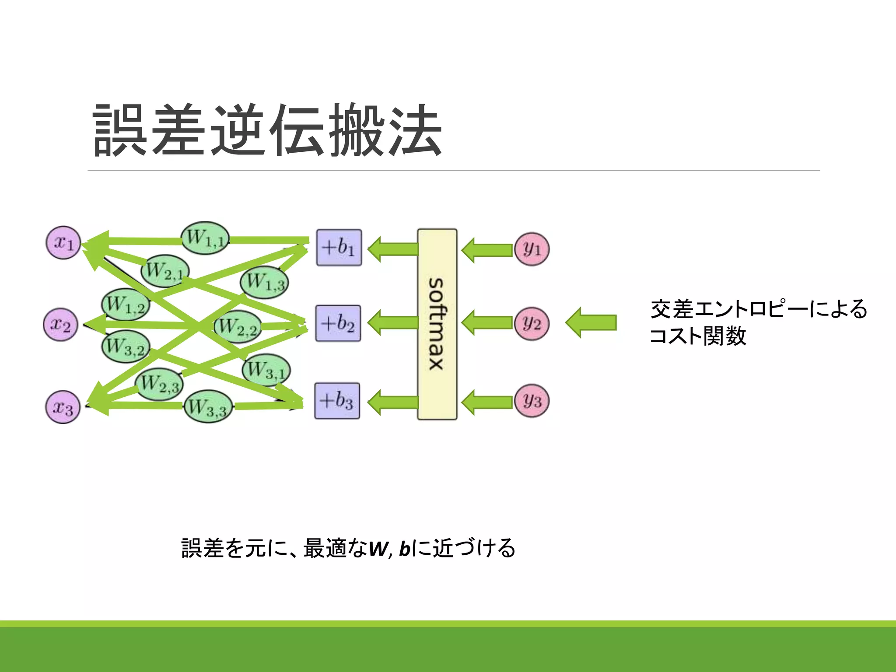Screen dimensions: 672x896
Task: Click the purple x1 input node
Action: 63,242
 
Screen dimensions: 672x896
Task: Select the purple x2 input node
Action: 60,325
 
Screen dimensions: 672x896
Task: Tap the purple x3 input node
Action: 63,407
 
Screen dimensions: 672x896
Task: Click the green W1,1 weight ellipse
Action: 205,238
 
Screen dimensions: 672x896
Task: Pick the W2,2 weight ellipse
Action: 238,326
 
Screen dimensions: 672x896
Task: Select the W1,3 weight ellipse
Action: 264,282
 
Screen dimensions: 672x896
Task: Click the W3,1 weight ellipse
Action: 266,370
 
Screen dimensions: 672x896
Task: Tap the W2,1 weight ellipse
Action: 165,271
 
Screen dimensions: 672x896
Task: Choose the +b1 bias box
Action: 339,248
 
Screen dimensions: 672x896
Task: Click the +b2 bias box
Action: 338,323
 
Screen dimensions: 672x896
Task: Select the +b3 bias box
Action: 337,401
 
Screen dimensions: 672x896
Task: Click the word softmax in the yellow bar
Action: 437,324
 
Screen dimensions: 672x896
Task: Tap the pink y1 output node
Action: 532,249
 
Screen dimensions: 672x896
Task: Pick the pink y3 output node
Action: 532,401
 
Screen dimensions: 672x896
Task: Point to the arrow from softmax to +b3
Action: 393,402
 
